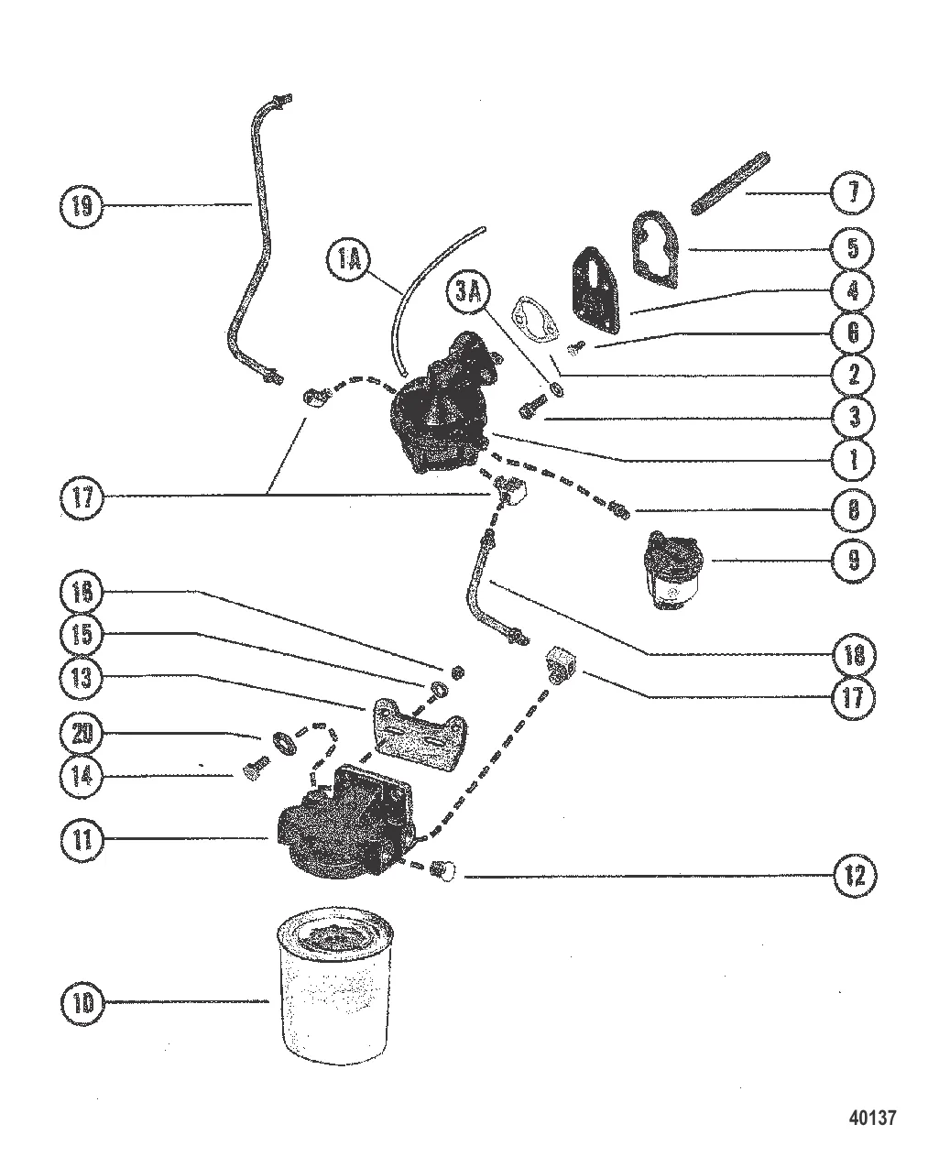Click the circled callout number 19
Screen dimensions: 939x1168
click(x=82, y=206)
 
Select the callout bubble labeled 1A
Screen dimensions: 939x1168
click(x=349, y=259)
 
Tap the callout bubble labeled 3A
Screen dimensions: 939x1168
click(x=468, y=292)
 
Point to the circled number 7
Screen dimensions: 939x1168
click(x=853, y=192)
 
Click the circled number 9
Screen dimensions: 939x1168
click(x=853, y=560)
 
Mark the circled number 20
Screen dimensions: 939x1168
click(x=82, y=733)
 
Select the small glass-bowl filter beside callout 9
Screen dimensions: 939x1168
click(x=671, y=570)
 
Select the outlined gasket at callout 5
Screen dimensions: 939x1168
click(x=657, y=248)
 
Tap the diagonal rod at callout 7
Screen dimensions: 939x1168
click(x=730, y=183)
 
